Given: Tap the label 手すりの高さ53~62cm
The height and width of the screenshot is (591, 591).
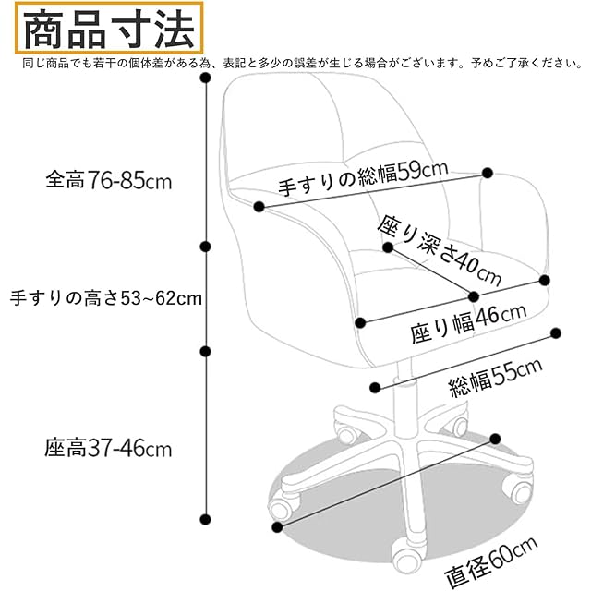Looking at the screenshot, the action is click(105, 298).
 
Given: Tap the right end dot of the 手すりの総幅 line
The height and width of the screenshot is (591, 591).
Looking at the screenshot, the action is click(488, 172).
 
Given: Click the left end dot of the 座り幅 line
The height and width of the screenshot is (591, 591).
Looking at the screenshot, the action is click(360, 322).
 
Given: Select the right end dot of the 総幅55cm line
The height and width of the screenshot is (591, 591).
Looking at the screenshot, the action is click(556, 332).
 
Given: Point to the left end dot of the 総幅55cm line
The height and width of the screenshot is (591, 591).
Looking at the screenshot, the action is click(375, 388).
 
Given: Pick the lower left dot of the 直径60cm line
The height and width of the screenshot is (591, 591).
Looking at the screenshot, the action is click(277, 527).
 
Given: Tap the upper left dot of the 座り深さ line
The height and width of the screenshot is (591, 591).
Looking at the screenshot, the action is click(388, 247).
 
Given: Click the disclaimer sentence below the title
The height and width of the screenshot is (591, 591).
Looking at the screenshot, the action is click(295, 64).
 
